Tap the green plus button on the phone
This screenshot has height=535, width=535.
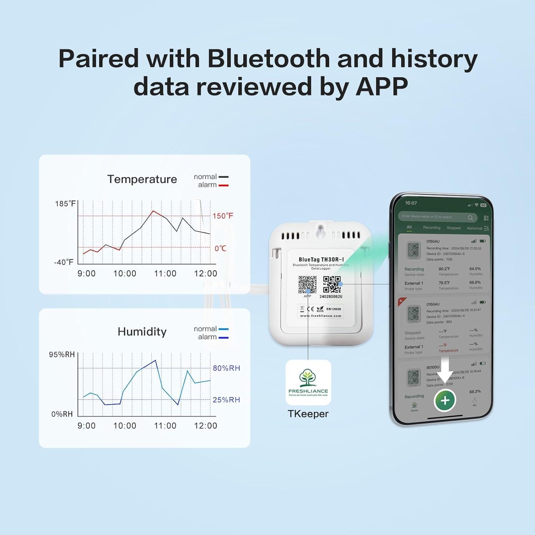[445, 401]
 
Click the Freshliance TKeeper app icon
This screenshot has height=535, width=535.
[308, 382]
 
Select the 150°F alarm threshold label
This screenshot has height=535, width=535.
[223, 216]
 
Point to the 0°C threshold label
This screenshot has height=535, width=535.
[220, 248]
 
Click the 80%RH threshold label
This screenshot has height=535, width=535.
[226, 368]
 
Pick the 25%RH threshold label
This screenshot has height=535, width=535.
[226, 400]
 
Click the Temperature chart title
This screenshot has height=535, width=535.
[142, 179]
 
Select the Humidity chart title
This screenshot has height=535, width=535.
[142, 332]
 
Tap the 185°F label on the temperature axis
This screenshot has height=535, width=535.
[65, 204]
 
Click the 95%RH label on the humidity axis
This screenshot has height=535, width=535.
[62, 355]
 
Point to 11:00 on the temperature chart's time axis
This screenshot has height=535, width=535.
[165, 274]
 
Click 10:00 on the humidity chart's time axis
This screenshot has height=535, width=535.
[125, 426]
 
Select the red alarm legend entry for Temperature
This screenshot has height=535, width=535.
[213, 185]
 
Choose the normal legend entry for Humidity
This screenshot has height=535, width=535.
[210, 329]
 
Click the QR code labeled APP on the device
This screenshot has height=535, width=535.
[307, 285]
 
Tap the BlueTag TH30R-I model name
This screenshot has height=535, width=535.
[321, 260]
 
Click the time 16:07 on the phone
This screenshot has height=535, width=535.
[411, 203]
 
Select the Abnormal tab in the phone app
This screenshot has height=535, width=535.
[474, 228]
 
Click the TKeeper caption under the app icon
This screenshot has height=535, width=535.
[308, 414]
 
